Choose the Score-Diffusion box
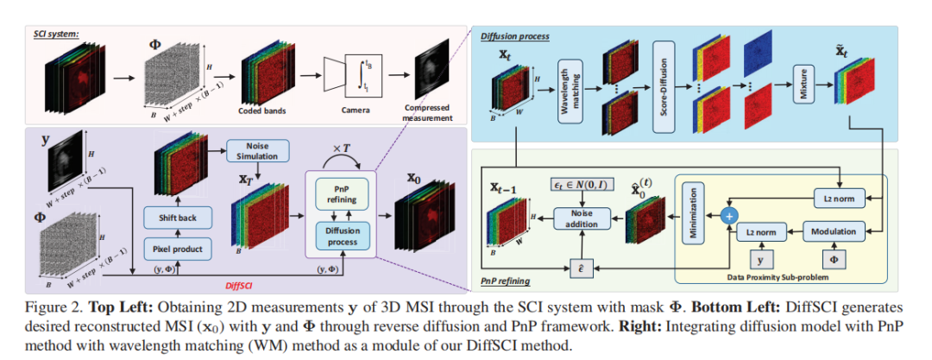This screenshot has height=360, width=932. pyautogui.click(x=663, y=90)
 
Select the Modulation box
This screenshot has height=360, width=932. pyautogui.click(x=834, y=231)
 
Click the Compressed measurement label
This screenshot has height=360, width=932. pyautogui.click(x=428, y=113)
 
